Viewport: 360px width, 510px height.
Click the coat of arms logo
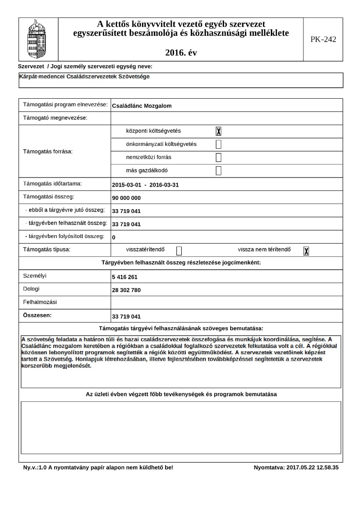pos(35,39)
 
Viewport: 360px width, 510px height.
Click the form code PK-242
pos(323,39)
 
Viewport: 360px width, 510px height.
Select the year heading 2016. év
pos(181,52)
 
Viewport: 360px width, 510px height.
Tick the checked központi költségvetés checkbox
pos(218,131)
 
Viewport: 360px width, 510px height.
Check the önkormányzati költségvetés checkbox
pos(218,144)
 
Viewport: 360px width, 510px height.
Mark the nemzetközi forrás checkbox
pos(218,157)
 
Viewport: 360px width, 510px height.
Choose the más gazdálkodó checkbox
pos(218,170)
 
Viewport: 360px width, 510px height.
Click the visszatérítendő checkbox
pos(179,251)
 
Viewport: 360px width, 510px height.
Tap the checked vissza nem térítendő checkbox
pos(306,251)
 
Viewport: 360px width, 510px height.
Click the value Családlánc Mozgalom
pos(142,106)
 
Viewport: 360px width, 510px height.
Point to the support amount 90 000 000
pos(126,198)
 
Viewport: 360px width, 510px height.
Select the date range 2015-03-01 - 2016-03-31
pos(145,185)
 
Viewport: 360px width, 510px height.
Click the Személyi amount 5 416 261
pos(125,277)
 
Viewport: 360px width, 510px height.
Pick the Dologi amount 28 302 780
pos(126,290)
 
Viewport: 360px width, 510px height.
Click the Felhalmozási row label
pos(40,301)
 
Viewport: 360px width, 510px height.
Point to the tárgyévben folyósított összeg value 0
pos(114,237)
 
